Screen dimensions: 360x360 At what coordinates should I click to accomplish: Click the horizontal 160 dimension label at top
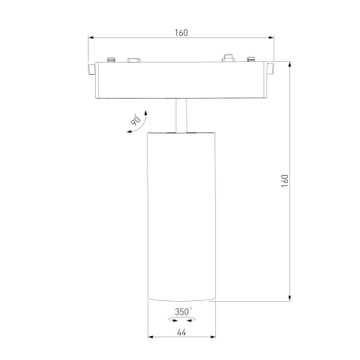181,32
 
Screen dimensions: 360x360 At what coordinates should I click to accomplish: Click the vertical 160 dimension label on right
284,181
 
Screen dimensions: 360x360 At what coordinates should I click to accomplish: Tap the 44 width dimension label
181,333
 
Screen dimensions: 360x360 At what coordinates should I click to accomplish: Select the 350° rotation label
183,312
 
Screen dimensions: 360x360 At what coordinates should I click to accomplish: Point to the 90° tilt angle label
136,120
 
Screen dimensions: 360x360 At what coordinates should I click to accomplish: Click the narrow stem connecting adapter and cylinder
181,115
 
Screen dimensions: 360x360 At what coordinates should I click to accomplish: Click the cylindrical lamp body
181,216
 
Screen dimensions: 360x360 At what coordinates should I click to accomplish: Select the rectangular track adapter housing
181,80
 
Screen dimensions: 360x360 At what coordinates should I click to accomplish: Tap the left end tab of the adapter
91,69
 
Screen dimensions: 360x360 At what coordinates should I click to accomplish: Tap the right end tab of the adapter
271,69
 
